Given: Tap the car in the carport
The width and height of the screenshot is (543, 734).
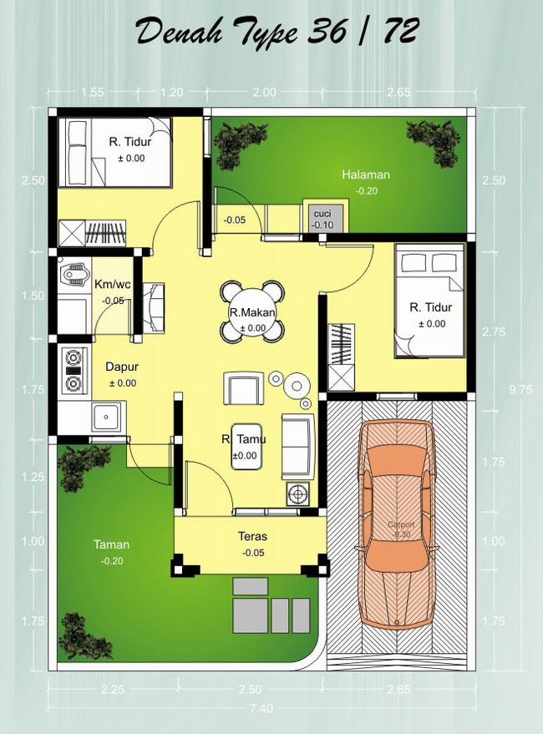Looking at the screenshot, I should point(396,529).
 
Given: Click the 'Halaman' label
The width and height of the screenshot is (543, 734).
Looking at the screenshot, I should point(365,175).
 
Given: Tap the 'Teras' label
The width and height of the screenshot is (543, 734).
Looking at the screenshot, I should point(251,536).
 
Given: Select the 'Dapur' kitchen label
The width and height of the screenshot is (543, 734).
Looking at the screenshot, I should point(122,366).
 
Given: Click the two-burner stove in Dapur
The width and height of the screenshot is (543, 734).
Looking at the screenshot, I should point(74,371).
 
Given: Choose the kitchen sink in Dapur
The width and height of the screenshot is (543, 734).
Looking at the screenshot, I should point(107,415).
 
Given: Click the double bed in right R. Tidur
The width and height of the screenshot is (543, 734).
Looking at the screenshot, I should point(429,301).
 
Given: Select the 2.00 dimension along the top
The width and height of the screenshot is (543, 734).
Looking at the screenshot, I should point(264,93).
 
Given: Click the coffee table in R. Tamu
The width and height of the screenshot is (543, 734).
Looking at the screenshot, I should point(244,457).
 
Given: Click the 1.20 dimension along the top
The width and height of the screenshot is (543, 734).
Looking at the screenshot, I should point(171,93).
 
